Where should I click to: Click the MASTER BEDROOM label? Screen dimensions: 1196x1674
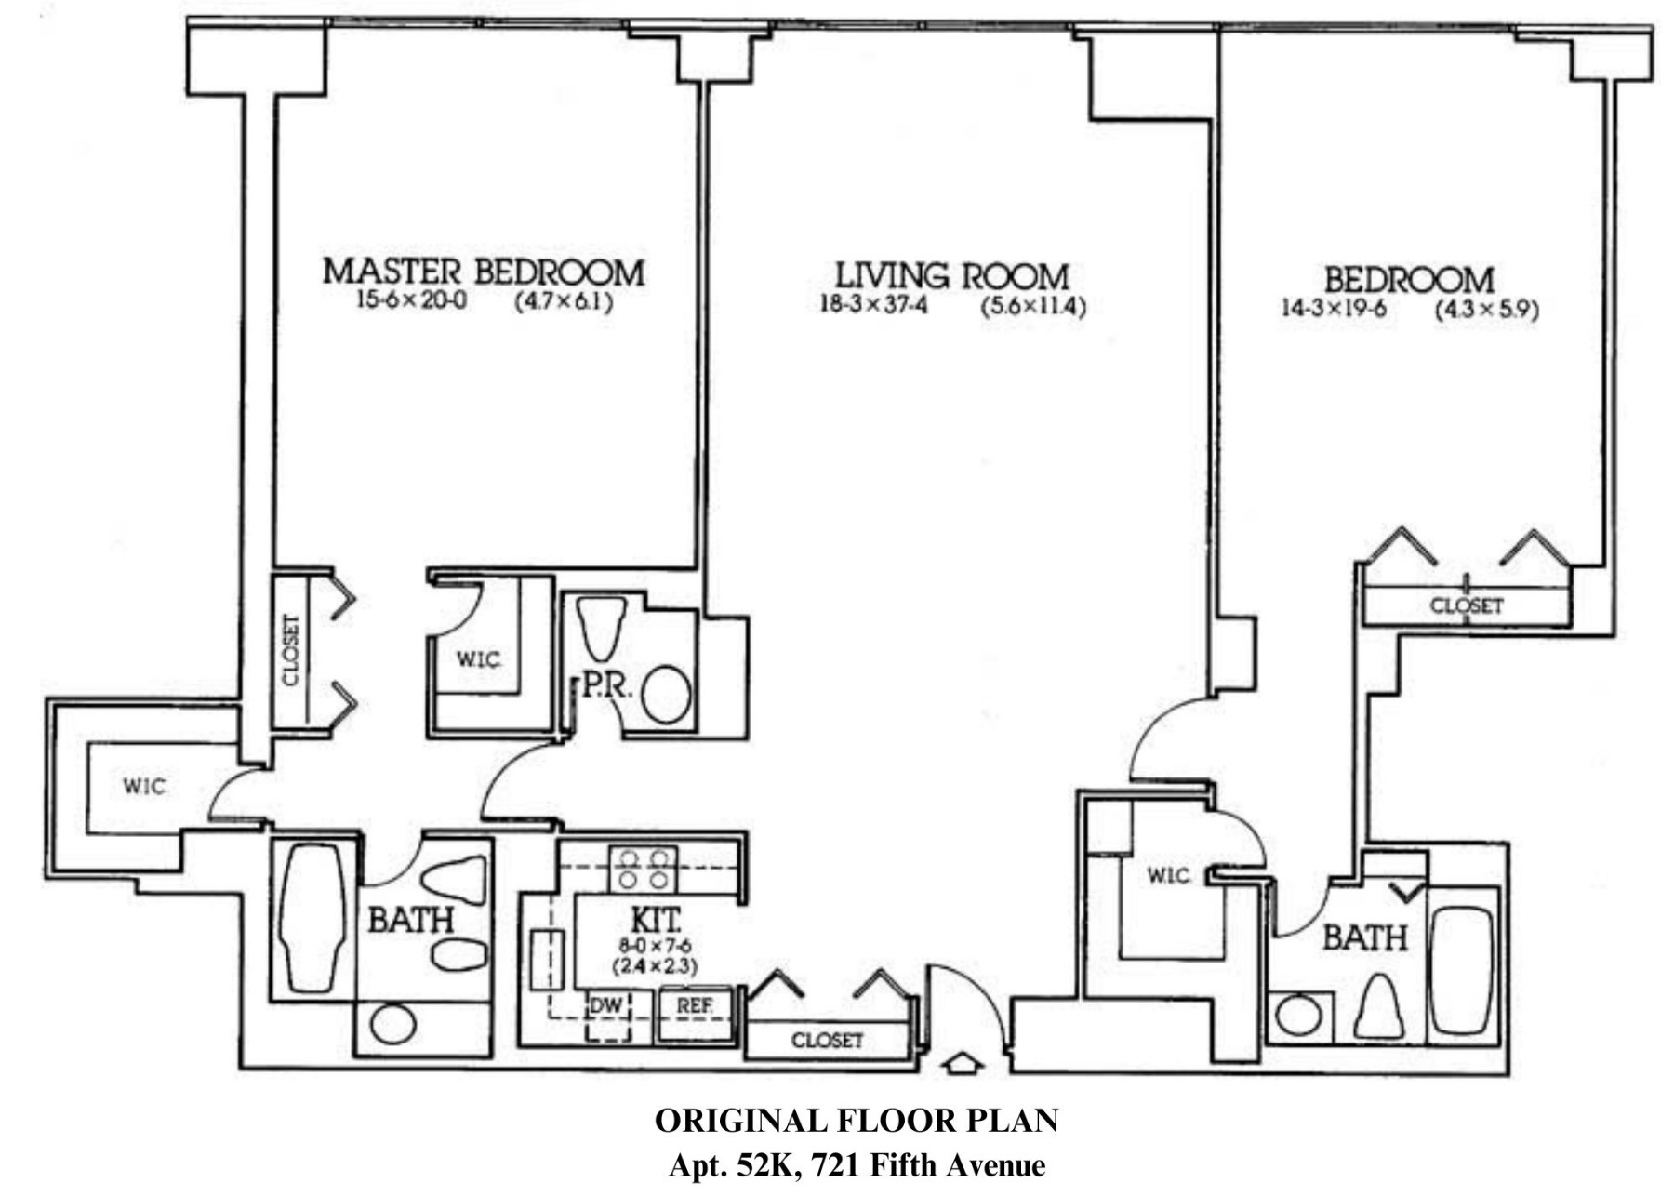pyautogui.click(x=483, y=272)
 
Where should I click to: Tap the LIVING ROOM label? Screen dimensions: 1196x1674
pyautogui.click(x=951, y=275)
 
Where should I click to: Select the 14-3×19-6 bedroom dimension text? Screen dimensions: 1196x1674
pyautogui.click(x=1334, y=309)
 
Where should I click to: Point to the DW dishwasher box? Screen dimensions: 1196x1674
pyautogui.click(x=606, y=1006)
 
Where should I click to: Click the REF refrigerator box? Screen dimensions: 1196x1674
pyautogui.click(x=695, y=1006)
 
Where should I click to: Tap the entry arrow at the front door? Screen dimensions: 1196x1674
pyautogui.click(x=963, y=1063)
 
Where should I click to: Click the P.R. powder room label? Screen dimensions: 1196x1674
pyautogui.click(x=607, y=687)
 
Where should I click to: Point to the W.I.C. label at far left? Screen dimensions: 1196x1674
pyautogui.click(x=145, y=787)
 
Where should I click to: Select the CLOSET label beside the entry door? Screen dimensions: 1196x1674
pyautogui.click(x=827, y=1041)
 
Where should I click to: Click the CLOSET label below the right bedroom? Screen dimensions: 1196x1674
pyautogui.click(x=1466, y=605)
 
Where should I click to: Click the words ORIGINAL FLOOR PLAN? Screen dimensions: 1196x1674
pyautogui.click(x=857, y=1122)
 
